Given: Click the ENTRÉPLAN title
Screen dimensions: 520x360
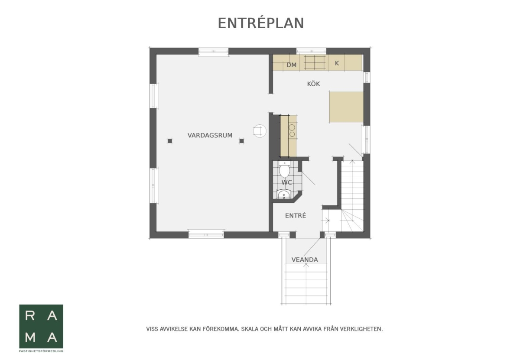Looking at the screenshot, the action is point(261,23).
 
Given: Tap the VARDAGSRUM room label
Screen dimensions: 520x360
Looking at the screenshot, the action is point(210,135).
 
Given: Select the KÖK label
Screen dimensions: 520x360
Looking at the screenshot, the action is point(313,84).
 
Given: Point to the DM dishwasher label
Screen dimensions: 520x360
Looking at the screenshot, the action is point(291,65).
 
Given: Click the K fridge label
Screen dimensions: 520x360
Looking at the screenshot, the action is point(337,63).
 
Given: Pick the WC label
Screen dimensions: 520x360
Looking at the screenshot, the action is point(287,182).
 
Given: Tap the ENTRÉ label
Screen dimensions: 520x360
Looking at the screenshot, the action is point(296,216).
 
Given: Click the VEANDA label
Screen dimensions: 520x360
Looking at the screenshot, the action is point(305,259).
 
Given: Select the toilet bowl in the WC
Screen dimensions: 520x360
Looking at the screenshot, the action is point(284,169).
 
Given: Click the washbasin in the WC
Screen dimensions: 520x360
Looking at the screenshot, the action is point(284,194).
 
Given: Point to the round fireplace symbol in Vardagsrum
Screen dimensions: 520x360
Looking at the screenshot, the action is point(260,131).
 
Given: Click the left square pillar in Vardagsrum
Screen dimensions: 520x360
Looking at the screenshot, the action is point(170,141).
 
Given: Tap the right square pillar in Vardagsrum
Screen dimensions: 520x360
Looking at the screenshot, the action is point(242,141).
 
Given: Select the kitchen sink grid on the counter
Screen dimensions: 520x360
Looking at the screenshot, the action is point(315,62).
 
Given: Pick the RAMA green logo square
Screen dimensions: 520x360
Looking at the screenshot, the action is point(41,326).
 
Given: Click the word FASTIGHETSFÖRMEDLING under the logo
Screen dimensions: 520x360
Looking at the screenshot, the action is point(41,351).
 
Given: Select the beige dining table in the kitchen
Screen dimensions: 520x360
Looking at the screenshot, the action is point(346,107).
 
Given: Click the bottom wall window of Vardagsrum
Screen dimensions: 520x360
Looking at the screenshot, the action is point(206,234).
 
